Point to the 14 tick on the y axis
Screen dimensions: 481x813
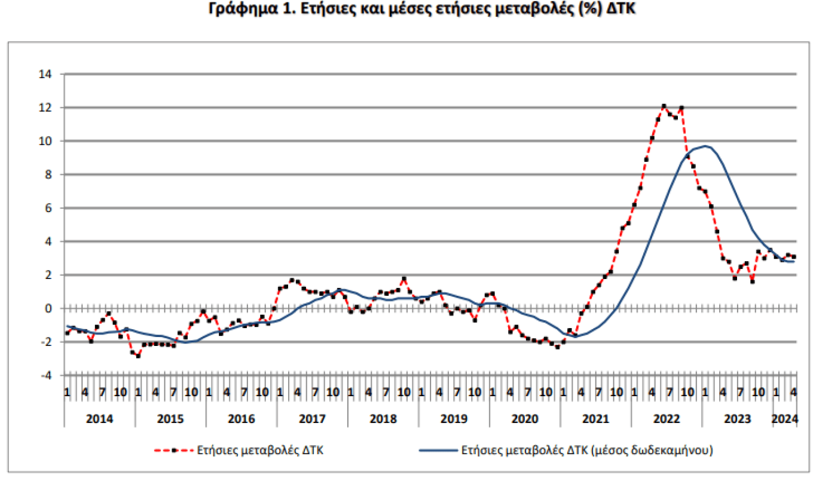[x=46, y=74]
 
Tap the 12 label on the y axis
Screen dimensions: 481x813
[x=46, y=108]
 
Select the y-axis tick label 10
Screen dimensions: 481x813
[x=46, y=141]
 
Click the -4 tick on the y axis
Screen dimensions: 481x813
[x=46, y=375]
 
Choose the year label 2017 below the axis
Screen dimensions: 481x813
[x=312, y=419]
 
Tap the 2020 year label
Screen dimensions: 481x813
[x=525, y=419]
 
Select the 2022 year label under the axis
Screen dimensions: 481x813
[x=667, y=419]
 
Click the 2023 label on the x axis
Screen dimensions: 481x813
[x=738, y=419]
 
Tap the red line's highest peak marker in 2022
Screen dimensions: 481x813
[x=664, y=106]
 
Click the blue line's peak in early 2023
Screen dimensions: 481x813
[x=707, y=146]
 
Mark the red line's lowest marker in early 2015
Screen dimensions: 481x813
[x=138, y=356]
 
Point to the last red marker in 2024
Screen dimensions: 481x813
[x=794, y=257]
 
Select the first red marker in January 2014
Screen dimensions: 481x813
[x=67, y=333]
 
